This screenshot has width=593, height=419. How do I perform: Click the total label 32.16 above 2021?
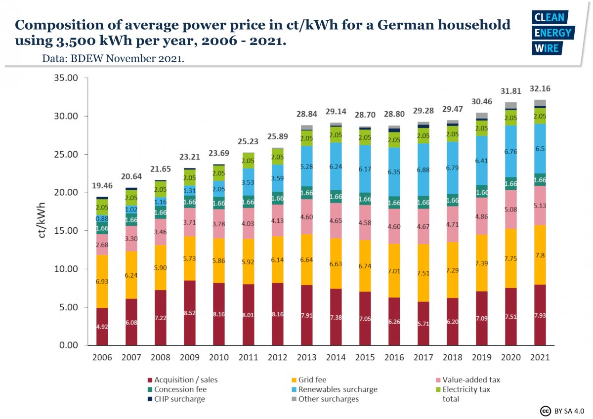(x=540, y=89)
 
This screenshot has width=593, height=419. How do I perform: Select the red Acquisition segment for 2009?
(x=190, y=313)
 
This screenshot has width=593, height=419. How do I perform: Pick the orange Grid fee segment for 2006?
(x=102, y=281)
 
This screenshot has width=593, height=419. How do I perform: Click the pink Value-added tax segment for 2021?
(x=540, y=205)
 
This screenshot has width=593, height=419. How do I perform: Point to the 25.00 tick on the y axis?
(x=66, y=155)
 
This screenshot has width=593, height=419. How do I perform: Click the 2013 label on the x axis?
(x=306, y=357)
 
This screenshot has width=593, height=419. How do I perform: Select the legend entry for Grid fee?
(x=312, y=380)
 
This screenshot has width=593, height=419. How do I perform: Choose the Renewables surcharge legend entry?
(x=338, y=389)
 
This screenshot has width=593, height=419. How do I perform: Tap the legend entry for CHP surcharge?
(x=179, y=399)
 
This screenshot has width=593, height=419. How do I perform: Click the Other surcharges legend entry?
(x=328, y=399)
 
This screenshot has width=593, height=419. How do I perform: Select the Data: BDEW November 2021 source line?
(x=113, y=58)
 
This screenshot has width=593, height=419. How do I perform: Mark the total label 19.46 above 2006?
(x=102, y=186)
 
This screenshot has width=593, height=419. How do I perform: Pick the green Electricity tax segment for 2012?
(x=277, y=156)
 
